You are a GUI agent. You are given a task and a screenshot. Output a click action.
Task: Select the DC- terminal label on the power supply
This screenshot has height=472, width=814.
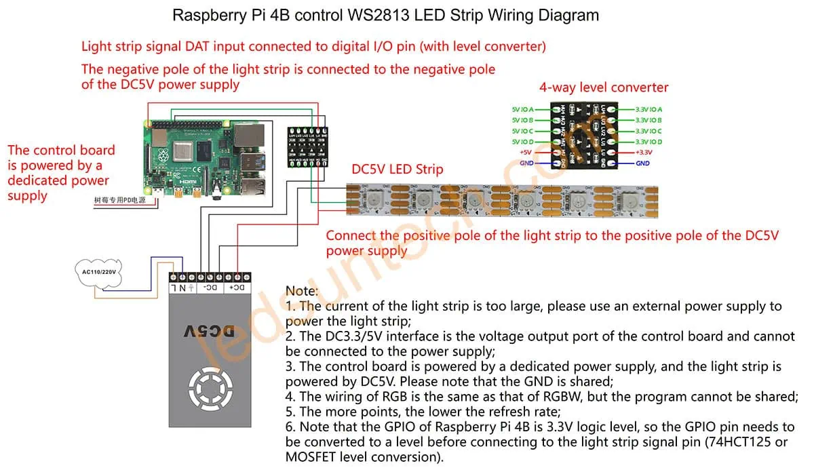coord(211,288)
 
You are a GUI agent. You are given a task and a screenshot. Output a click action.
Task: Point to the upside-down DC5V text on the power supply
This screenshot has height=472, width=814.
coord(209,332)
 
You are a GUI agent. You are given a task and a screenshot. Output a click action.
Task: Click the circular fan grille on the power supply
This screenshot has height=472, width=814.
coord(210,389)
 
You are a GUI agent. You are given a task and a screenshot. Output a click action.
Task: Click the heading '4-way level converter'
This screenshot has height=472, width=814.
coord(603,87)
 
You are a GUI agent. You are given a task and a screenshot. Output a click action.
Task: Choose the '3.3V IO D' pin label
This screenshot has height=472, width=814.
coord(648,142)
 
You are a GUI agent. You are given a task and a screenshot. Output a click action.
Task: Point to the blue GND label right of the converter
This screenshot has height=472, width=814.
coord(643,163)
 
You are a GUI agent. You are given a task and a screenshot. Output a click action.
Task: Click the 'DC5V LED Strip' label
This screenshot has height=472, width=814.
coord(397,169)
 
